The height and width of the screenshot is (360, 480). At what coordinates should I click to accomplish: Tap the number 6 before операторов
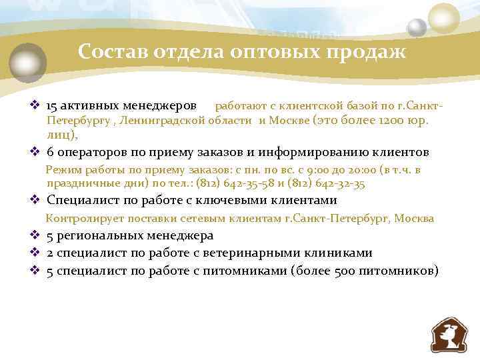pyautogui.click(x=50, y=151)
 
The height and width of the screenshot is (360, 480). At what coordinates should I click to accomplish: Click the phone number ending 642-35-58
pyautogui.click(x=237, y=183)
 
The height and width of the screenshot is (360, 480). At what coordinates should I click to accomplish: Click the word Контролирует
pyautogui.click(x=81, y=218)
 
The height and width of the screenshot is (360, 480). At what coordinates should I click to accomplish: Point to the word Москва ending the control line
pyautogui.click(x=414, y=218)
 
